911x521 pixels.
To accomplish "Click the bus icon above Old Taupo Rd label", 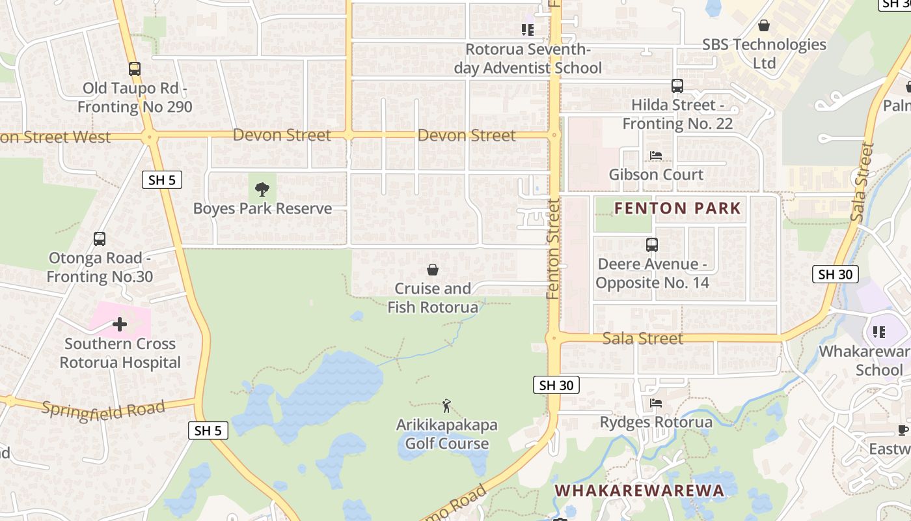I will [135, 68].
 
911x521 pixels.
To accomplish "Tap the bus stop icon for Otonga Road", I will [100, 239].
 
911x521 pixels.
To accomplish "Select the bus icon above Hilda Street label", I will [677, 85].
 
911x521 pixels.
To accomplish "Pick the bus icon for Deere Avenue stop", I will [652, 244].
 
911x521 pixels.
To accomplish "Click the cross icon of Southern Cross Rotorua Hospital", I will [120, 324].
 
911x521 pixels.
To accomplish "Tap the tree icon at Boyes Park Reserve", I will [262, 190].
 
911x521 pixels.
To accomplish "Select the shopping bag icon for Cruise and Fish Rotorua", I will [433, 270].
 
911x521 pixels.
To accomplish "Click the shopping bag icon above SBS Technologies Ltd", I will [764, 25].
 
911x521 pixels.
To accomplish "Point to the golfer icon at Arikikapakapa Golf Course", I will [446, 406].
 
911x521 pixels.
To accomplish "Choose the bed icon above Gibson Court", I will [656, 156].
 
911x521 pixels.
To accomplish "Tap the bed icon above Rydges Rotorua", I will [656, 403].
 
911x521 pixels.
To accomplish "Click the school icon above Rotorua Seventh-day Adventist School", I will [527, 30].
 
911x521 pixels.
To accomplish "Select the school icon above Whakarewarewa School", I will [879, 332].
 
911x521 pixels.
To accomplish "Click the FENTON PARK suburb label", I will [677, 208].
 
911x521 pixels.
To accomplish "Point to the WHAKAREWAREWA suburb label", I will [639, 490].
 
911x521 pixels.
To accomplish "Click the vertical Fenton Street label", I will [554, 249].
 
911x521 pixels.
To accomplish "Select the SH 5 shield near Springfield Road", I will [208, 430].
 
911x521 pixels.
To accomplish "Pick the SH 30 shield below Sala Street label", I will [556, 385].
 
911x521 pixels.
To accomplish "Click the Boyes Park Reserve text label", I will [262, 208].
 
